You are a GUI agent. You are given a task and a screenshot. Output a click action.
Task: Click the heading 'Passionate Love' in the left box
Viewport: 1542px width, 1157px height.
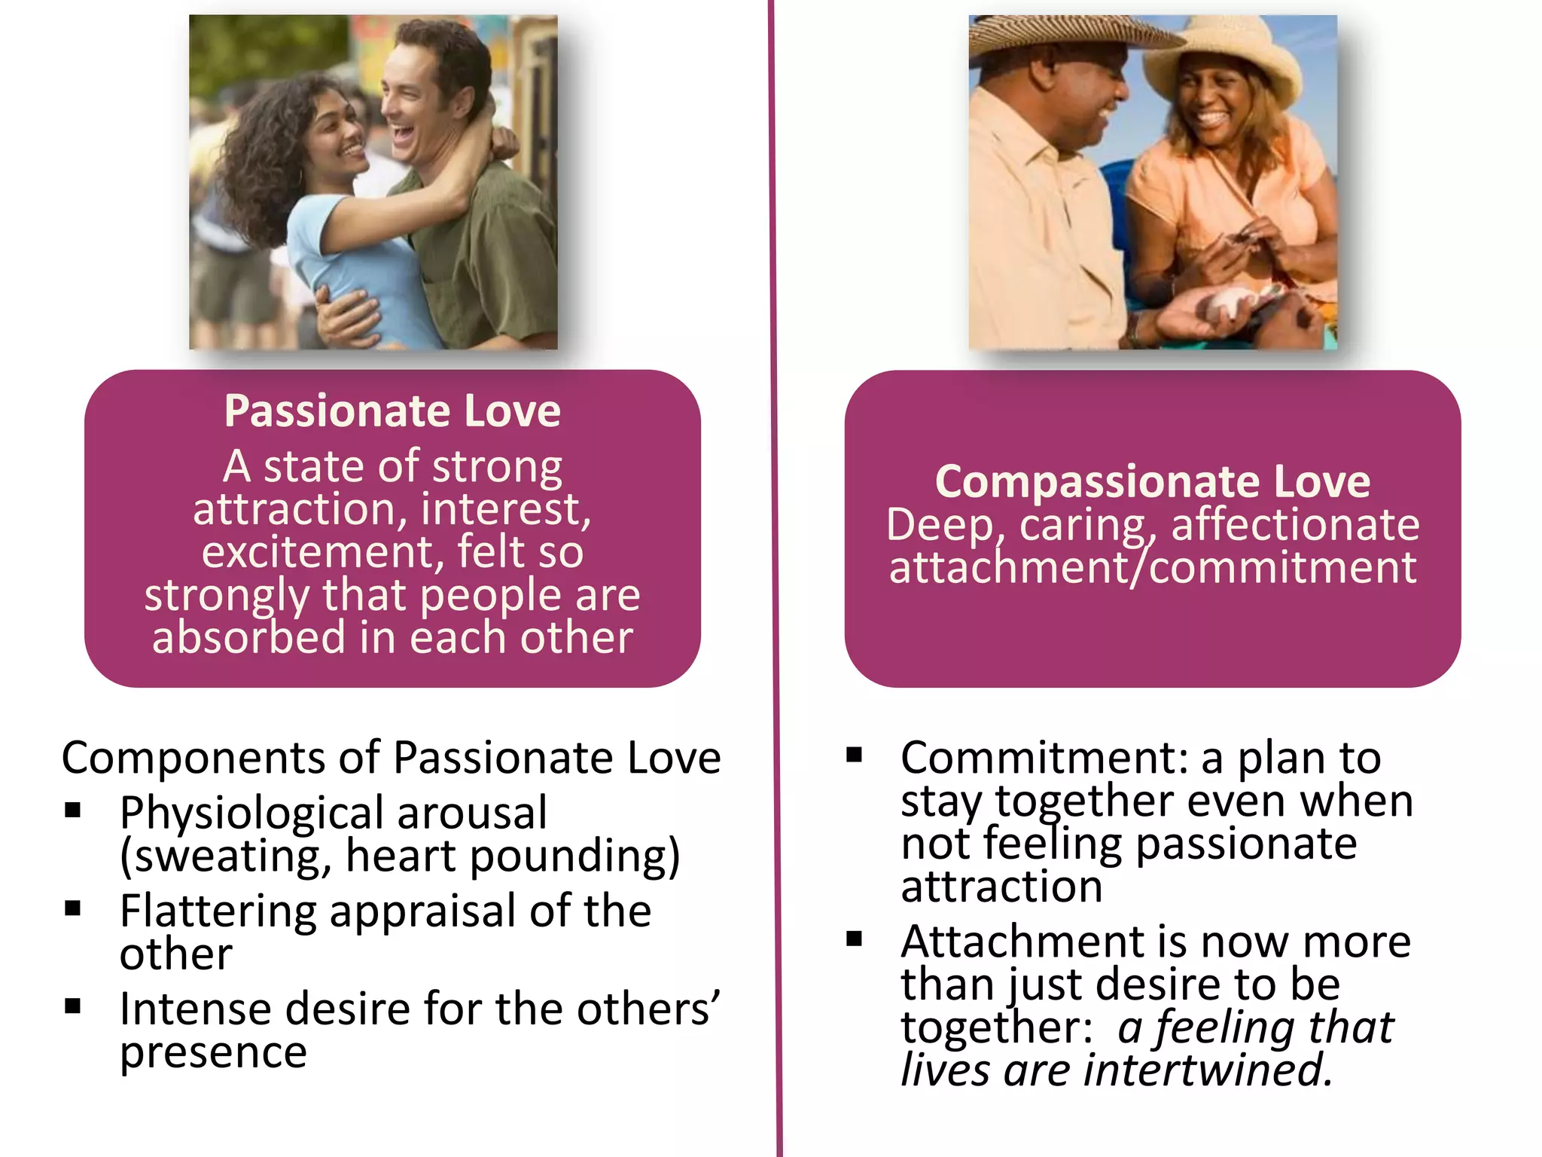pos(392,411)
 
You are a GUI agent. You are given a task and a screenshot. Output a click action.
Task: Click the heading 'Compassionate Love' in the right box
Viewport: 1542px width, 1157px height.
pos(1152,481)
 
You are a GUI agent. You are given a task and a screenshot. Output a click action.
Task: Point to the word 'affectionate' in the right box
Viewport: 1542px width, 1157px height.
pos(1295,524)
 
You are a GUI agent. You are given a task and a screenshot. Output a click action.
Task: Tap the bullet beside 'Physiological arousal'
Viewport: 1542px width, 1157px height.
pos(73,811)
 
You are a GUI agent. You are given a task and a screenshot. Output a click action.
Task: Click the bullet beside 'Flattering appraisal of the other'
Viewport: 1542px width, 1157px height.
pos(73,908)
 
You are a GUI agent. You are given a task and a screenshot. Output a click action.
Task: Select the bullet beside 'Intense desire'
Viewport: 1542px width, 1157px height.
pos(73,1006)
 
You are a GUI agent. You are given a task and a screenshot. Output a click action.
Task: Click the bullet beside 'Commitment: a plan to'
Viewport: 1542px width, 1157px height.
pos(854,755)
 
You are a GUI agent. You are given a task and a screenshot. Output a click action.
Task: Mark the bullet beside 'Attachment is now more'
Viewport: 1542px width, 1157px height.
pos(854,939)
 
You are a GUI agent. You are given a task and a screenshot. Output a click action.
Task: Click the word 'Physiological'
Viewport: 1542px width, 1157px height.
pos(251,814)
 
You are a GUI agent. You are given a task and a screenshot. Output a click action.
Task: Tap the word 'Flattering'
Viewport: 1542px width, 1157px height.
pos(218,911)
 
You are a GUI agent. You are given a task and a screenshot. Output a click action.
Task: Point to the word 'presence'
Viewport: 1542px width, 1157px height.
pos(213,1052)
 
